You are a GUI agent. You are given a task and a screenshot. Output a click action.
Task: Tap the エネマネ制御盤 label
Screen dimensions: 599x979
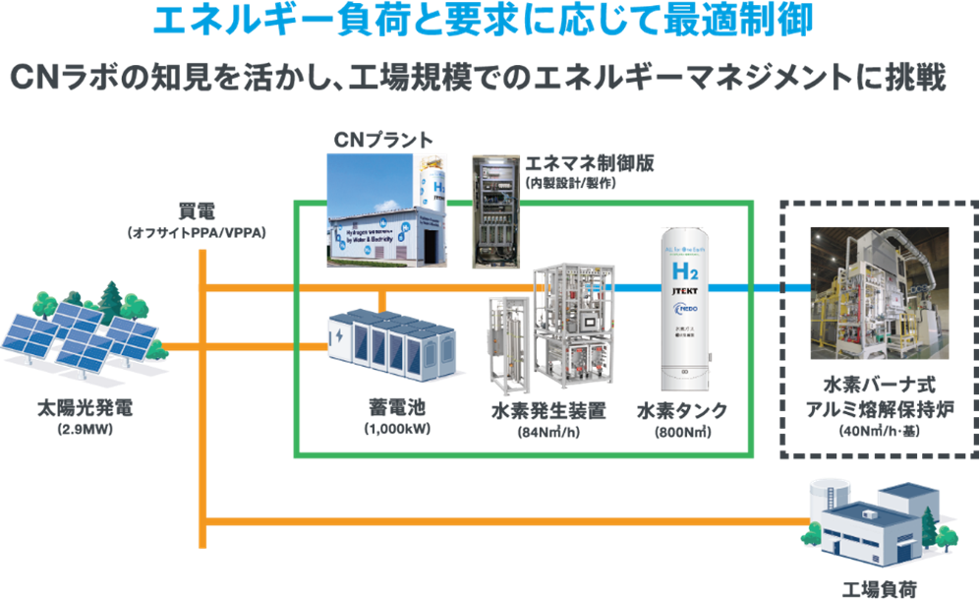click(x=579, y=162)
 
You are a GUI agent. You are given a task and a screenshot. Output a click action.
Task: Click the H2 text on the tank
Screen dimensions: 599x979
click(x=686, y=270)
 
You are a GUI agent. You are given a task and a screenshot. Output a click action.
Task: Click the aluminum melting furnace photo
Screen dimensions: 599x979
click(x=879, y=294)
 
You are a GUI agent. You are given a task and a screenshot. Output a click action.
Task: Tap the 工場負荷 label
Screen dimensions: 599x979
click(x=880, y=588)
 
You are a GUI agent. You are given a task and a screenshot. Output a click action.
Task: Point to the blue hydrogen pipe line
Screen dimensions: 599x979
click(x=757, y=288)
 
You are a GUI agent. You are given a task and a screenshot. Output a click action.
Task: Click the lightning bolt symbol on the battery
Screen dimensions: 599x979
click(x=339, y=335)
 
